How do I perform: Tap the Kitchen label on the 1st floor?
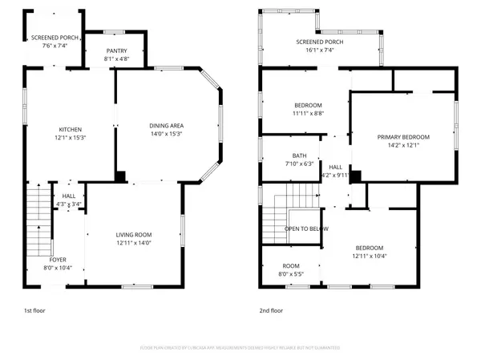(70, 129)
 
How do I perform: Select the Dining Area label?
(166, 126)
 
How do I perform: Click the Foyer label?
(58, 259)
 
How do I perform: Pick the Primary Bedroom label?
(404, 137)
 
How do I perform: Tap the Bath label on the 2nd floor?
(299, 156)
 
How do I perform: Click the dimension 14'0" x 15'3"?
(166, 134)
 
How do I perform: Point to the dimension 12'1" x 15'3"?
(70, 137)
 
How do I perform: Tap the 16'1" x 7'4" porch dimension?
(319, 50)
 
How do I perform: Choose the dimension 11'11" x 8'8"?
(308, 114)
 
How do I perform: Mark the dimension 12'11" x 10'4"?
(370, 256)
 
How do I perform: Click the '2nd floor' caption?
(271, 310)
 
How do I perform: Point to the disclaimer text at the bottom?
(240, 348)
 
